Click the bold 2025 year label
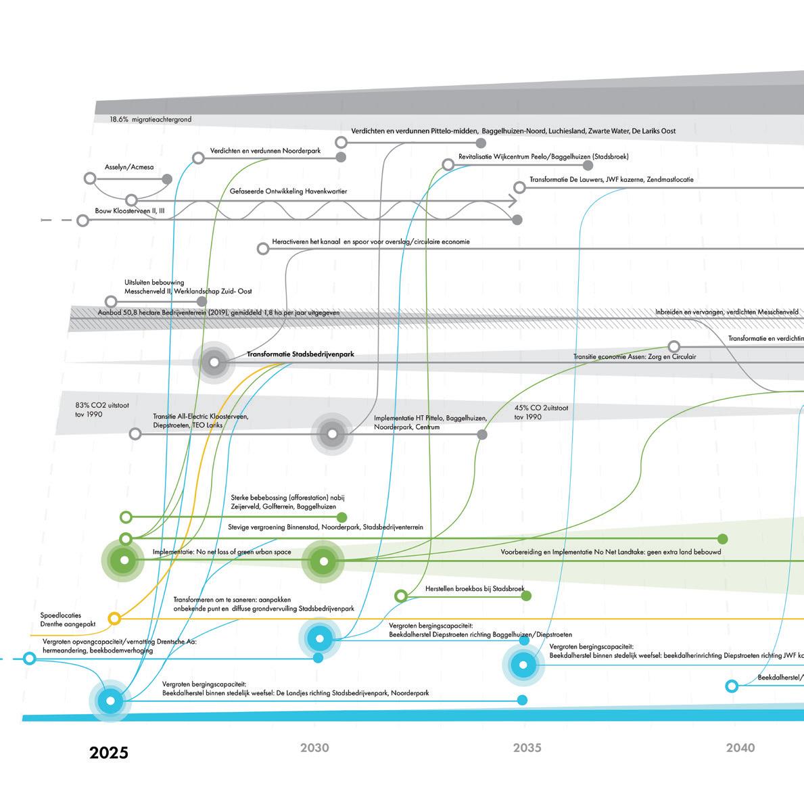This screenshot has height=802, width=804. pos(108,753)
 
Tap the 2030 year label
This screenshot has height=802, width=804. pos(314,748)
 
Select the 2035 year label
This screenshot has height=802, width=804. pos(527,748)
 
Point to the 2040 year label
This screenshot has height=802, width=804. pos(740,748)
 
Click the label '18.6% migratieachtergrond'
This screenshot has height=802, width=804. pos(151,120)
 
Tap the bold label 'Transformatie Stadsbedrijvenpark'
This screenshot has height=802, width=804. pos(300,354)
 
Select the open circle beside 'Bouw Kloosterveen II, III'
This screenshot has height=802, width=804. pos(82,220)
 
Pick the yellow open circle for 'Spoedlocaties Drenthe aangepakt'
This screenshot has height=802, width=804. pos(114,618)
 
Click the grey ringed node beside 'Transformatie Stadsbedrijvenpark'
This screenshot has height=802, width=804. pos(214,363)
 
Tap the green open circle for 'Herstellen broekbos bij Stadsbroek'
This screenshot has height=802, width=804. pos(400,596)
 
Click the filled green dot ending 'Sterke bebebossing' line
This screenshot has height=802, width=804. pos(342,517)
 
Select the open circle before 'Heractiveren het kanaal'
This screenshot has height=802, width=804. pos(263,249)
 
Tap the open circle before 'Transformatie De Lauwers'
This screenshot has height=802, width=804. pos(519,187)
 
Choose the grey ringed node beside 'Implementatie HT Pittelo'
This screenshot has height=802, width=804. pos(332,434)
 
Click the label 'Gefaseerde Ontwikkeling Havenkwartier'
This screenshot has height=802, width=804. pos(288,191)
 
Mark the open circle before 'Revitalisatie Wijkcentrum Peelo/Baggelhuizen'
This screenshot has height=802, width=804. pos(448,164)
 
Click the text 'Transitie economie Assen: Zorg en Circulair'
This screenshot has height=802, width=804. pos(634,356)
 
